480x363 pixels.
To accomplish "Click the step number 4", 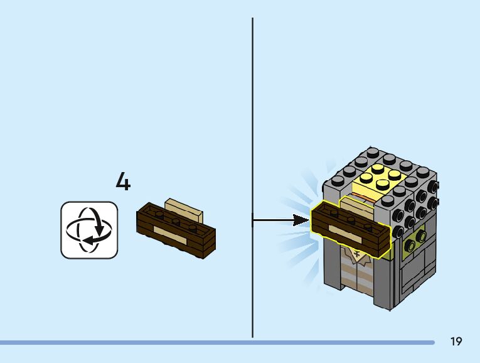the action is [123, 182].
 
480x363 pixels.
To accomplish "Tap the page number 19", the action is [456, 342].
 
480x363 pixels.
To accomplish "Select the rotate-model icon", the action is [89, 230].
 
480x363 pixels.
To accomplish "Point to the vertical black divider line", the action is [253, 126].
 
